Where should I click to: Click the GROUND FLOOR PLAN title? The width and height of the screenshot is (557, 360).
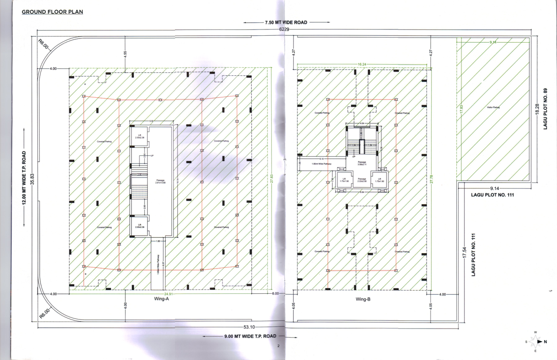click(53, 12)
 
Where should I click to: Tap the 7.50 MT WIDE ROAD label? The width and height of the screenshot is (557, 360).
click(286, 22)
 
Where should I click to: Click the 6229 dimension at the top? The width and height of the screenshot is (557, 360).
click(284, 29)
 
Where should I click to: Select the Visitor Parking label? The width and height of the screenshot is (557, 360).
click(493, 107)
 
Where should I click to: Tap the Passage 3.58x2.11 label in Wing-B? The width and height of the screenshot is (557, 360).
click(362, 163)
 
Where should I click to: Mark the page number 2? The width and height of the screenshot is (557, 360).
click(278, 346)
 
